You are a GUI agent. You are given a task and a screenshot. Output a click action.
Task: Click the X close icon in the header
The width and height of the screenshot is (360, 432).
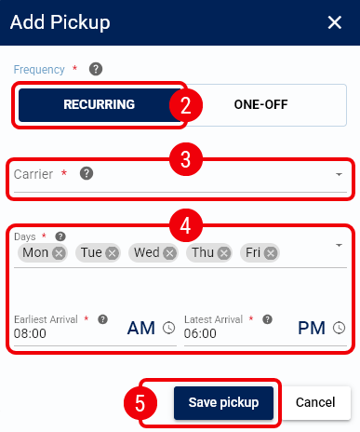click(x=335, y=22)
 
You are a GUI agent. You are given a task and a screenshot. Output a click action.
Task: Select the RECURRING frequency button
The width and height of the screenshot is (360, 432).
click(x=99, y=105)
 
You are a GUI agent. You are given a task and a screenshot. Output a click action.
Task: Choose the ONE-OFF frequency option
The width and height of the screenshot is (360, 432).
click(x=260, y=105)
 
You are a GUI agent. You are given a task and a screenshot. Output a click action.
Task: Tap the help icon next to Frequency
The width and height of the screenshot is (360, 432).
click(x=96, y=69)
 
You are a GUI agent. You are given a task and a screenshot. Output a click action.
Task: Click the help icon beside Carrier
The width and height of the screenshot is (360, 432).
click(x=87, y=173)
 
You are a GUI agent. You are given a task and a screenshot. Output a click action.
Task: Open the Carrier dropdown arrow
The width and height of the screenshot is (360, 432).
click(x=339, y=174)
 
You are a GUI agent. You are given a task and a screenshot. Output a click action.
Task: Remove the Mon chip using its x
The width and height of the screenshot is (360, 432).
click(x=59, y=253)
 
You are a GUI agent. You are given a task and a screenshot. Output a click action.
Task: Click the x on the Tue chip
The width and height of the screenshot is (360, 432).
click(x=112, y=253)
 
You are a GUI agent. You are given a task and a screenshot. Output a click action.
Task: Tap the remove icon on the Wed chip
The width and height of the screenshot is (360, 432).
click(x=169, y=253)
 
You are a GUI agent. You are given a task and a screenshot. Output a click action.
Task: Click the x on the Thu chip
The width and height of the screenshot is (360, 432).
click(x=224, y=253)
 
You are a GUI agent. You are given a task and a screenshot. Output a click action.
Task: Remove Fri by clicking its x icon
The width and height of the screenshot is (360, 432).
click(x=271, y=253)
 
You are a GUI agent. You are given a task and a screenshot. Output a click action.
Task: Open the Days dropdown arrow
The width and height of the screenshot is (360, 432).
click(x=339, y=246)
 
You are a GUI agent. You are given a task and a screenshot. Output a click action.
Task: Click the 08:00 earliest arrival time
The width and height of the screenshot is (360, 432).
click(x=30, y=333)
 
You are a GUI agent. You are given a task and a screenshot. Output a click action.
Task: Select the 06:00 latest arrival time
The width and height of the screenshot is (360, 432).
click(x=200, y=333)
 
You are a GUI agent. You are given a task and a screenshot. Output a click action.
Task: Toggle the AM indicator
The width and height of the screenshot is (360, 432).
click(x=141, y=328)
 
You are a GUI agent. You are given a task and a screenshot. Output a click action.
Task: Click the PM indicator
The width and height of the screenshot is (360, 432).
click(x=312, y=328)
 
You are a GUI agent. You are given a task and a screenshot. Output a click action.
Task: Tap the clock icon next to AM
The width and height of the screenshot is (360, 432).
click(x=169, y=328)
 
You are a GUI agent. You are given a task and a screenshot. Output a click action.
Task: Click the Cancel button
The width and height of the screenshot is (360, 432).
click(x=315, y=402)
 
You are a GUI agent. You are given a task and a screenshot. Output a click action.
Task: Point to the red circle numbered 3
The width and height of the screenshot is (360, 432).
click(x=186, y=159)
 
